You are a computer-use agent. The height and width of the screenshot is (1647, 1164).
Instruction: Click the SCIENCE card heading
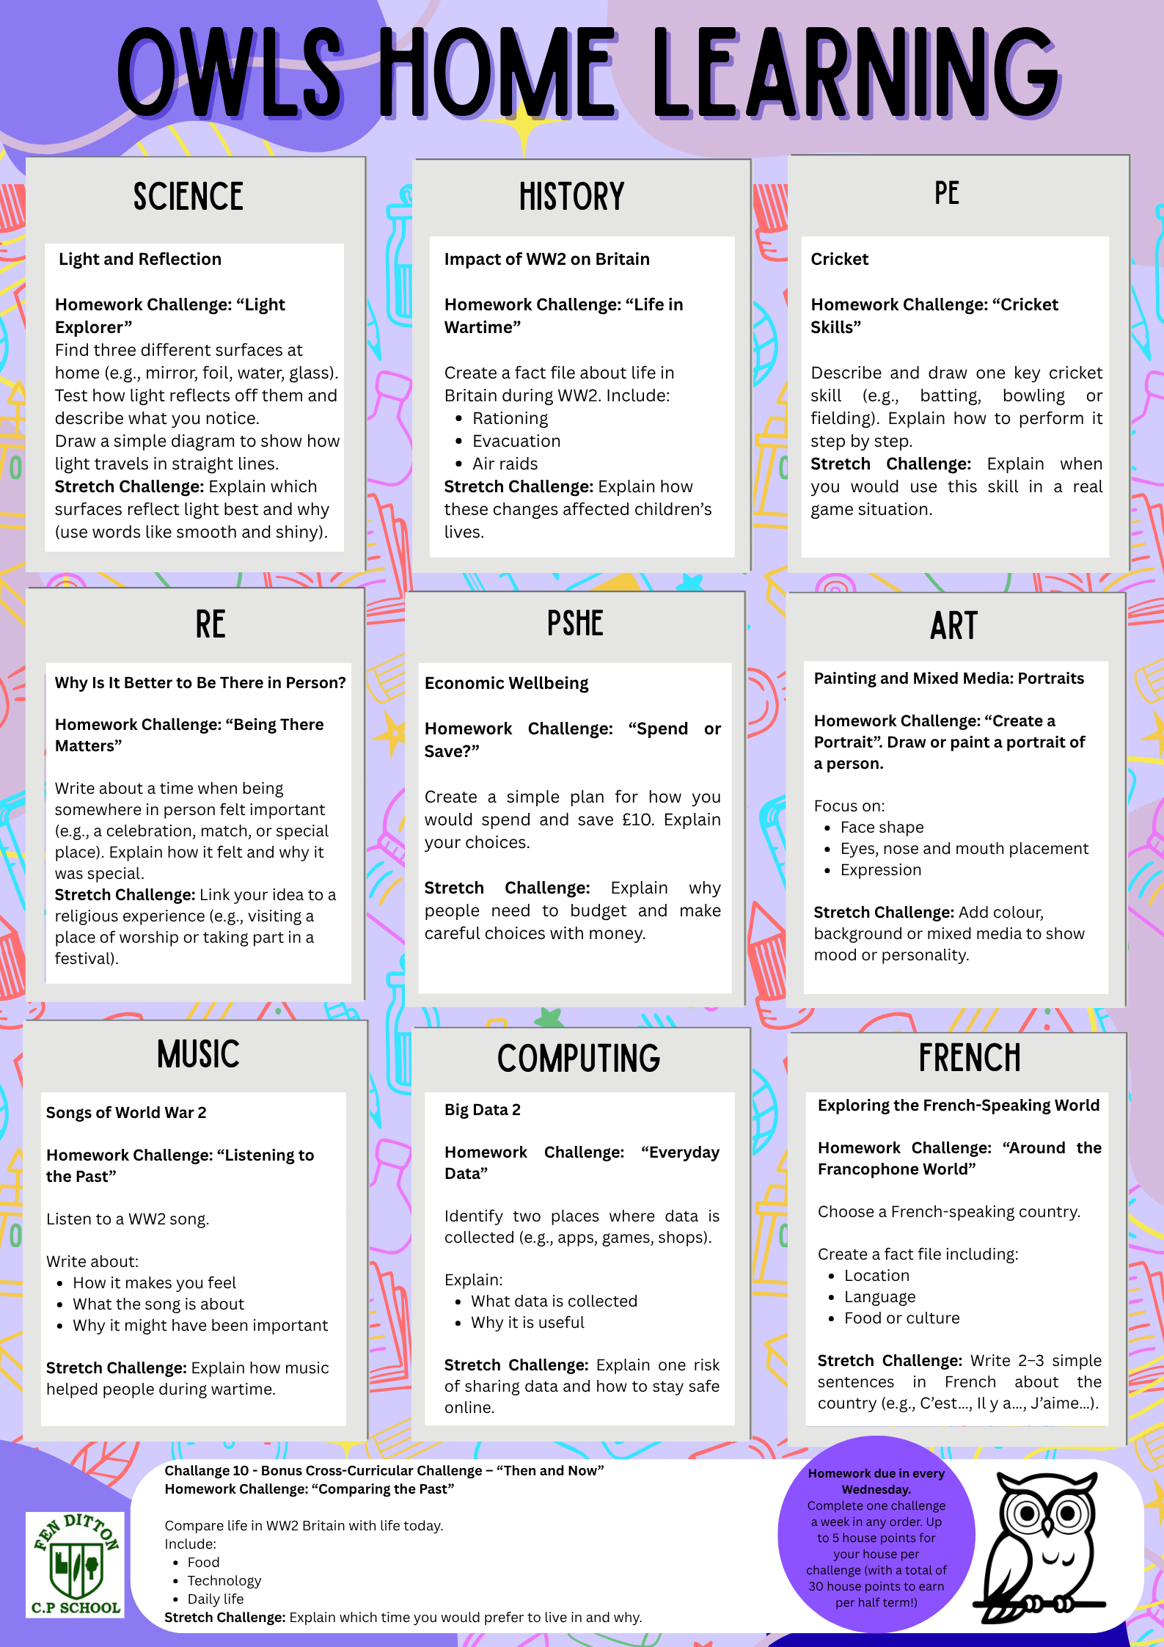188,197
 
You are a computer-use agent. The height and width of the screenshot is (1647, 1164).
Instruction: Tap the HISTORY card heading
571,197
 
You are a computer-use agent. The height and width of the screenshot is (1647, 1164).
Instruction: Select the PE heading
947,194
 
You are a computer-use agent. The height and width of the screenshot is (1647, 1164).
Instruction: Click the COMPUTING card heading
579,1059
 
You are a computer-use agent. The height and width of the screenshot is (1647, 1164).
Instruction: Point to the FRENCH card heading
970,1057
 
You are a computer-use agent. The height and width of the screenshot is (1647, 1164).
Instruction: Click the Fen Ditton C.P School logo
76,1563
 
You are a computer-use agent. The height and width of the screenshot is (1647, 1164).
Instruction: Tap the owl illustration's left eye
1027,1513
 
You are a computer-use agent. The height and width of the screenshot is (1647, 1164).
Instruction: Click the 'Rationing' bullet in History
510,418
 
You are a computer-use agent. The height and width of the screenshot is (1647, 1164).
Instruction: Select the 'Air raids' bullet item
505,464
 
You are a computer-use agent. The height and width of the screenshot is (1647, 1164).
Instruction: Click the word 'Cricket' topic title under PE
839,259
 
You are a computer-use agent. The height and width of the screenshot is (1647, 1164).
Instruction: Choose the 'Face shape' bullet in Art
882,828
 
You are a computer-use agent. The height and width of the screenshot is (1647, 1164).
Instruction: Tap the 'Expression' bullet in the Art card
880,870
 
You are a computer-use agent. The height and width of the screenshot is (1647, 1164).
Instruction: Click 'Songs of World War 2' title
126,1113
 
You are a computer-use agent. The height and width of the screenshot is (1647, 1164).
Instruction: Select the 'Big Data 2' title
482,1110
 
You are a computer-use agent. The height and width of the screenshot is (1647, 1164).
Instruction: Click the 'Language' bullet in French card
879,1297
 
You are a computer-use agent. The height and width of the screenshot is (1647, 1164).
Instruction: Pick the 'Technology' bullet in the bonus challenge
224,1580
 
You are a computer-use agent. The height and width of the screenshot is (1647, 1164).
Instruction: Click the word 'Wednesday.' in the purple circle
876,1489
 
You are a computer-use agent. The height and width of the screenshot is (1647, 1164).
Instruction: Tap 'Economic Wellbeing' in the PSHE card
506,684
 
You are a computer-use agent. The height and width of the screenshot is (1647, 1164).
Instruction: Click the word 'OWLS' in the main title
229,73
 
